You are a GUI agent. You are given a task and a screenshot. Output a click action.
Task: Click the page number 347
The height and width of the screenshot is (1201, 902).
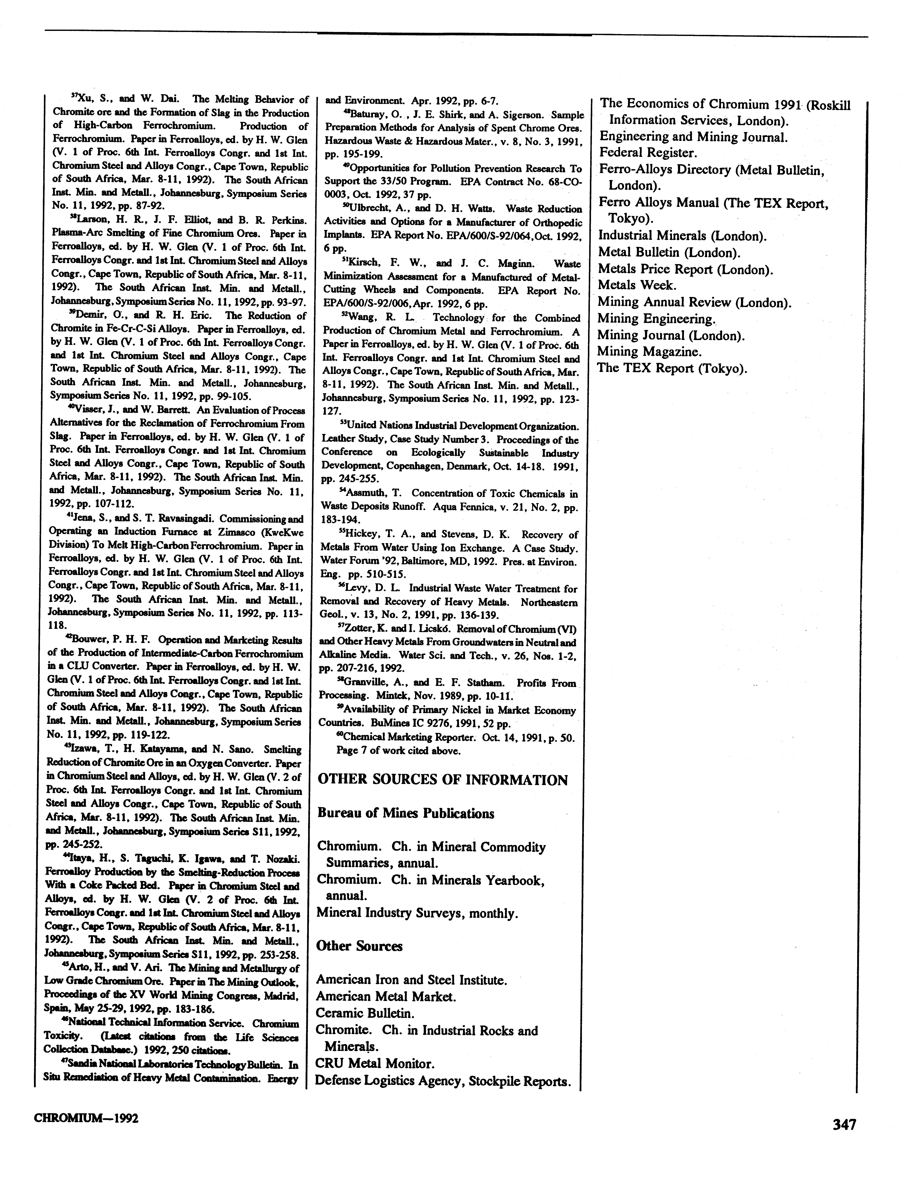[x=844, y=1124]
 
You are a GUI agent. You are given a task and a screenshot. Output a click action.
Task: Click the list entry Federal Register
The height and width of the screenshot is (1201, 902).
[x=648, y=153]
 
